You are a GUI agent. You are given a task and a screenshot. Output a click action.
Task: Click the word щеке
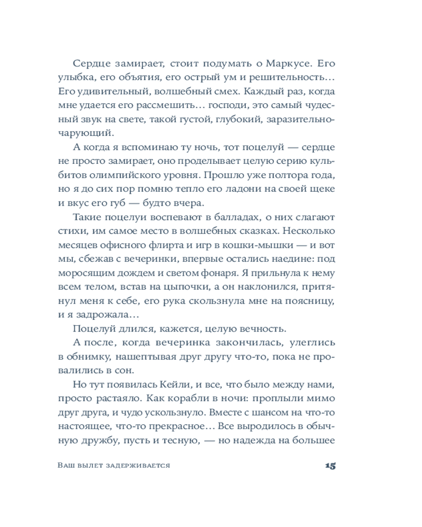click(324, 188)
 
